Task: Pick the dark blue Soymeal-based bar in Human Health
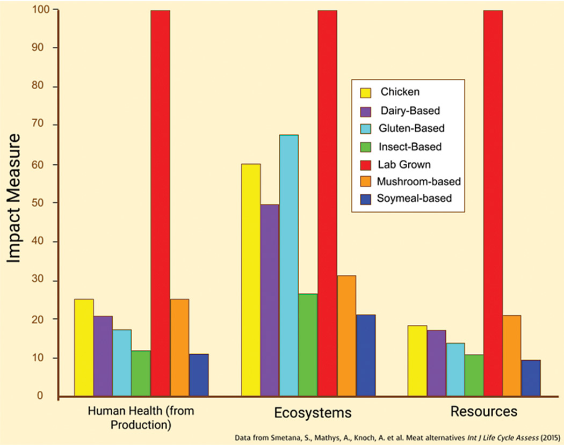click(199, 375)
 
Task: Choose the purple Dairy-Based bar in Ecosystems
click(270, 300)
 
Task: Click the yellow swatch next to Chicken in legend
click(366, 92)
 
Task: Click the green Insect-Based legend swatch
click(366, 147)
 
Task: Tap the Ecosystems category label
click(313, 413)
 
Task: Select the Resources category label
click(483, 412)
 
